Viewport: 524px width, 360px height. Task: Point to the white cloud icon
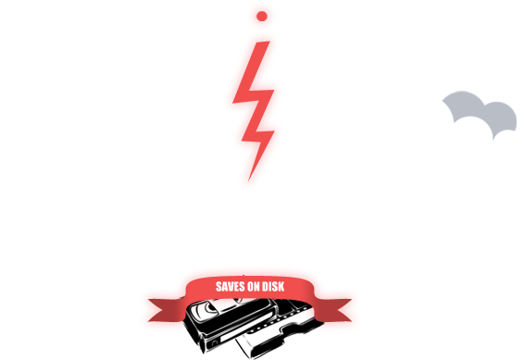[x=435, y=134]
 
